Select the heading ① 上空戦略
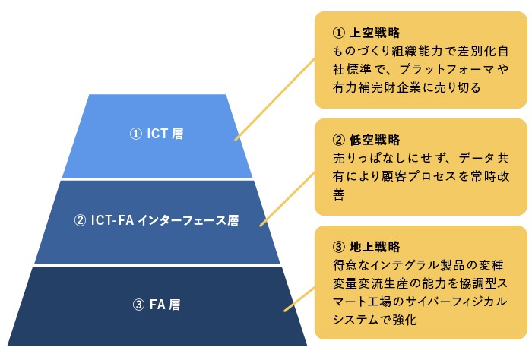pyautogui.click(x=366, y=33)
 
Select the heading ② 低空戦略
pyautogui.click(x=366, y=141)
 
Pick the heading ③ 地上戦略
pyautogui.click(x=366, y=248)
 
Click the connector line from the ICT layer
pyautogui.click(x=274, y=99)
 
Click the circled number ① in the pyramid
pyautogui.click(x=135, y=134)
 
